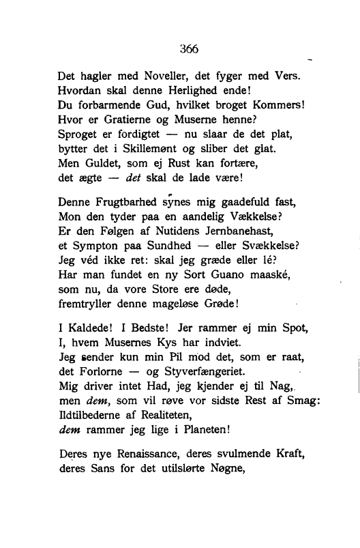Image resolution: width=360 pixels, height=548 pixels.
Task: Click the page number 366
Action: coord(189,48)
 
